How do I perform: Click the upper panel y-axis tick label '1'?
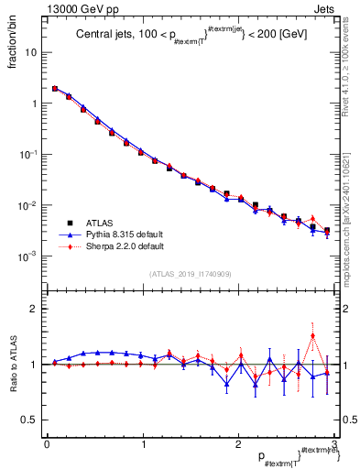coord(34,104)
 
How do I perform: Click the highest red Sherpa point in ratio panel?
coord(313,335)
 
